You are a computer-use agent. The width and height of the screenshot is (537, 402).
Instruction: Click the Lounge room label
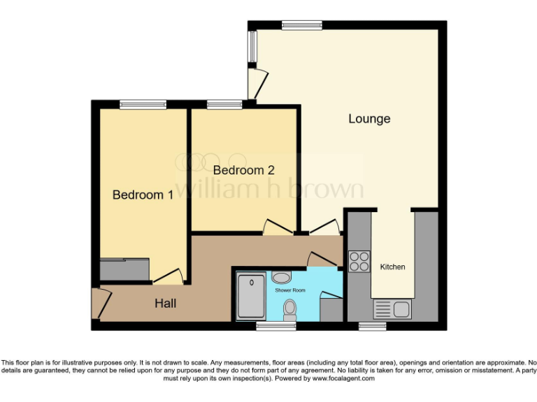click(x=369, y=119)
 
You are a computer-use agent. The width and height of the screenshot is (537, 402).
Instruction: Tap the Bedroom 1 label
click(x=143, y=195)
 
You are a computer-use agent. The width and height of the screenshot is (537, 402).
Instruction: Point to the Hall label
click(x=166, y=304)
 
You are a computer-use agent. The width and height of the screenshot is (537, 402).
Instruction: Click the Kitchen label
click(x=392, y=267)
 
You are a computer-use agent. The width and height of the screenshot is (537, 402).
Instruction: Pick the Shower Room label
click(x=289, y=290)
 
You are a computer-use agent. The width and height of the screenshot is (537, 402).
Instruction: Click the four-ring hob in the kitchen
click(x=359, y=261)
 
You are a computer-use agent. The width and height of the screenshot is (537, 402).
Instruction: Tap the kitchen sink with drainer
click(x=392, y=308)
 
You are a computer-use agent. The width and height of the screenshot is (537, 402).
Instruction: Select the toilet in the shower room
click(x=290, y=310)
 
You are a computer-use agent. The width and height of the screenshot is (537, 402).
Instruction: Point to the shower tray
click(x=249, y=296)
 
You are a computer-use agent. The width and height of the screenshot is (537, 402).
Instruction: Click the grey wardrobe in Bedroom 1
click(x=124, y=269)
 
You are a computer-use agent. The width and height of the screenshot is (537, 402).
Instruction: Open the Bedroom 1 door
click(x=169, y=277)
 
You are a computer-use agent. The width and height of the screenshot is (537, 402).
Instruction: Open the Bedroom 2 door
click(x=277, y=226)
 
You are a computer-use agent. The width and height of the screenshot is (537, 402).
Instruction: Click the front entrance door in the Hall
click(x=100, y=304)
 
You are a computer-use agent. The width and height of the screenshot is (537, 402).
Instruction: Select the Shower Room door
click(x=320, y=260)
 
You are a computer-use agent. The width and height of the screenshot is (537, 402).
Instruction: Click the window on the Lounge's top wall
click(x=301, y=24)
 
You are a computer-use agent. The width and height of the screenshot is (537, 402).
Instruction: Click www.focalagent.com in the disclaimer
click(x=343, y=378)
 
